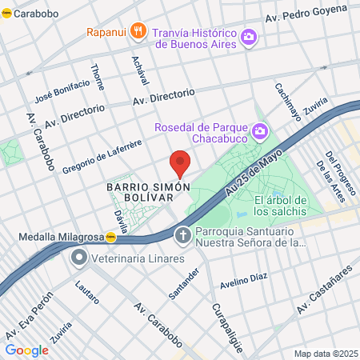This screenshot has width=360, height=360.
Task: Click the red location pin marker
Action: [x=180, y=162]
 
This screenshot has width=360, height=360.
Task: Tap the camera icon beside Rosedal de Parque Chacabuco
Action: [x=259, y=130]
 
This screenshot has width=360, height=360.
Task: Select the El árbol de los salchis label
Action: [x=280, y=206]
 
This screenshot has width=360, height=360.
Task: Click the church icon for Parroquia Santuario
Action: [x=182, y=235]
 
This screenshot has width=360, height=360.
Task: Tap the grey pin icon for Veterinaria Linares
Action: [x=78, y=258]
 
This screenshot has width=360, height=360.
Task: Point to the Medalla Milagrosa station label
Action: [x=61, y=237]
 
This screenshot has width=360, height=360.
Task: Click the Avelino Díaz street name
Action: [x=243, y=278]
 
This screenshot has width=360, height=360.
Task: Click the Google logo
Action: [x=26, y=350]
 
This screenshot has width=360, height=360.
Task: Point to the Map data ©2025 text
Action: [x=324, y=354]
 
